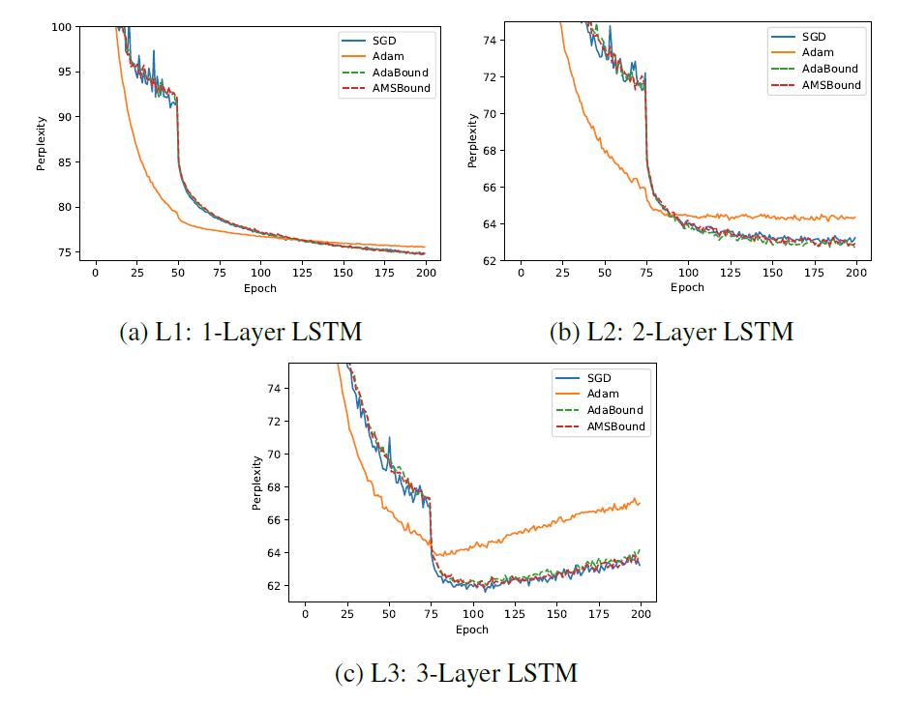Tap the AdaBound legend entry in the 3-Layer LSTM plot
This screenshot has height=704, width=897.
pos(616,410)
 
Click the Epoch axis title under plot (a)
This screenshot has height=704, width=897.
pos(259,288)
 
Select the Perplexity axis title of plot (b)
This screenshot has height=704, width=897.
pos(472,141)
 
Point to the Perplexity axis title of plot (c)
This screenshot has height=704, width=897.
pos(257,482)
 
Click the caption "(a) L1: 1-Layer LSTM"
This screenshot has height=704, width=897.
pos(240,333)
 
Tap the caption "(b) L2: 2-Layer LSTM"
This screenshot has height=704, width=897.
pos(672,333)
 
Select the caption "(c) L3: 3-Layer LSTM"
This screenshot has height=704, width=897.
pos(456,673)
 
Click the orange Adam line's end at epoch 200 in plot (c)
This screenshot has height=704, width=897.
pos(640,504)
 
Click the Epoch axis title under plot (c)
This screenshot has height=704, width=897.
pos(472,630)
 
